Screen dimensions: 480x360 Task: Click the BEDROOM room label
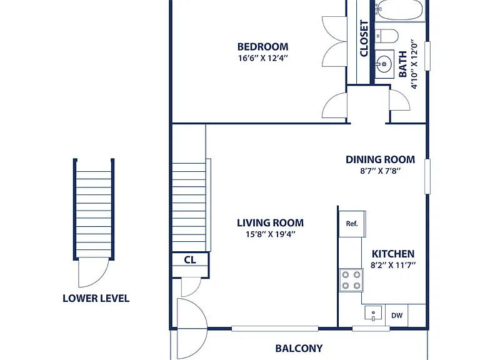[262, 46]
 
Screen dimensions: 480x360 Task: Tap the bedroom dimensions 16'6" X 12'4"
[263, 58]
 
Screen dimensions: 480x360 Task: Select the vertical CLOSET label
[364, 39]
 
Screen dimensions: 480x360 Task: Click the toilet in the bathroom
[387, 36]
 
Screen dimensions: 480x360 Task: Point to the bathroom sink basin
[384, 64]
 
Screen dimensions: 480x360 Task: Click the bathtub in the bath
[401, 10]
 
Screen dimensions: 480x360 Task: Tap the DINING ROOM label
[380, 159]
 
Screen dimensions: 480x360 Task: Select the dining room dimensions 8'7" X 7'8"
[380, 171]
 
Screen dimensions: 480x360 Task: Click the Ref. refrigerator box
[352, 224]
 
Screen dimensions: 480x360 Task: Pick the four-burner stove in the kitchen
[351, 280]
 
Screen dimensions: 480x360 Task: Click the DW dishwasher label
[397, 315]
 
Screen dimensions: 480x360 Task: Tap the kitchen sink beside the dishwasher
[373, 313]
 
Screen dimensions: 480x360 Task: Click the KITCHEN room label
[393, 254]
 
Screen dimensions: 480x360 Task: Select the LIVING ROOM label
[270, 223]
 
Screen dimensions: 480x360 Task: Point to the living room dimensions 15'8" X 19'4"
[270, 234]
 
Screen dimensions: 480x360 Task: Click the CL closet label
[190, 260]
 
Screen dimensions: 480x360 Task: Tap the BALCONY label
[299, 348]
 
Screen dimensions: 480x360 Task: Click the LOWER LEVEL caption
[96, 298]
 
